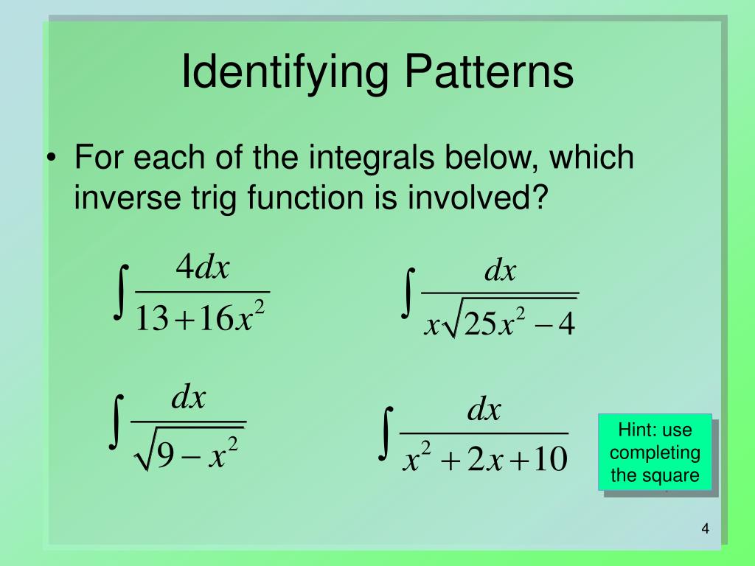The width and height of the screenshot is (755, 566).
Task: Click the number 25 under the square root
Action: [x=481, y=324]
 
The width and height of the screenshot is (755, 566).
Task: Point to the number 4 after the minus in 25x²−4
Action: [x=566, y=324]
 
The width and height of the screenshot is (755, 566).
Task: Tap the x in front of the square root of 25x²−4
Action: [x=431, y=325]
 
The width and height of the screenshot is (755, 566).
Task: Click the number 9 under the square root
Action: [x=166, y=457]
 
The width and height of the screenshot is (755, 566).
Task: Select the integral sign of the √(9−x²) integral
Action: [x=116, y=422]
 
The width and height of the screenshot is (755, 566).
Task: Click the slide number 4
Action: [x=705, y=530]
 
